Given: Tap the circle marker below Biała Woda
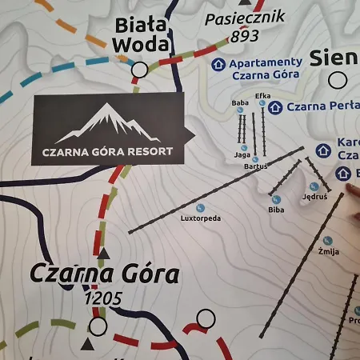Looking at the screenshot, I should pos(139,70).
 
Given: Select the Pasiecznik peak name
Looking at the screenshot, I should pos(234,18).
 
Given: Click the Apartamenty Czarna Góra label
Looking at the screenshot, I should pos(265,68).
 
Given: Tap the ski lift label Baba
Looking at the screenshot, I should pos(240,103).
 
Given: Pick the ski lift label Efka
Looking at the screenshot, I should pos(262,96).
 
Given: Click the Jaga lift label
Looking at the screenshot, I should pos(242,154).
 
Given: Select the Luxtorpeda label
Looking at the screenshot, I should pos(200,218).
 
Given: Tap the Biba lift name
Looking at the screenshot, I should pos(276,210).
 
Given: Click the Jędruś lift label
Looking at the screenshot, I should pos(315,196).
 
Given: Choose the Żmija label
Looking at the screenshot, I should pos(329,251).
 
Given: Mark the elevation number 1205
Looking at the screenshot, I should pos(103,299).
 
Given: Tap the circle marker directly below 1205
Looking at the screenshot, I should pos(98,326).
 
